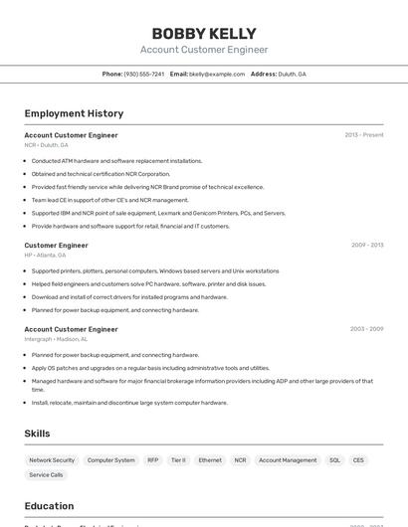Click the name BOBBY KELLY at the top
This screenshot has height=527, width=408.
[x=203, y=33]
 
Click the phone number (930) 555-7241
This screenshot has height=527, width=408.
[x=143, y=75]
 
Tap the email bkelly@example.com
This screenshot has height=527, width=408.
[x=217, y=75]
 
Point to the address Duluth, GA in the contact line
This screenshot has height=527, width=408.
[x=292, y=75]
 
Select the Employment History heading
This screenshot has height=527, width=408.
[x=74, y=113]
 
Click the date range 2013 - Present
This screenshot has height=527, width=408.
[x=363, y=135]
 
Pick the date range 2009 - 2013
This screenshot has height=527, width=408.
[x=366, y=245]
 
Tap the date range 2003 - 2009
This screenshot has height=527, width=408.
[x=366, y=329]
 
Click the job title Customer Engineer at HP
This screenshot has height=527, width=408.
[x=56, y=245]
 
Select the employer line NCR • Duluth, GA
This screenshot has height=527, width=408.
[x=47, y=145]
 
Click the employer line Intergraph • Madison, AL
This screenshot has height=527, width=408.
[x=56, y=339]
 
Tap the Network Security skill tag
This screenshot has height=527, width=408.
[x=52, y=460]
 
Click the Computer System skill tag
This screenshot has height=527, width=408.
[x=110, y=460]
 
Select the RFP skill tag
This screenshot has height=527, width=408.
[x=153, y=460]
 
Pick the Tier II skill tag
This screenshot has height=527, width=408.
[x=178, y=460]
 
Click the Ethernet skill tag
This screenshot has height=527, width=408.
[x=210, y=460]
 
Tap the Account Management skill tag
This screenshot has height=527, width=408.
[x=287, y=460]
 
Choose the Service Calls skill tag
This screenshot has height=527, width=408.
[x=46, y=475]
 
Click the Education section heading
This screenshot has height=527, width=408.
[x=49, y=506]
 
